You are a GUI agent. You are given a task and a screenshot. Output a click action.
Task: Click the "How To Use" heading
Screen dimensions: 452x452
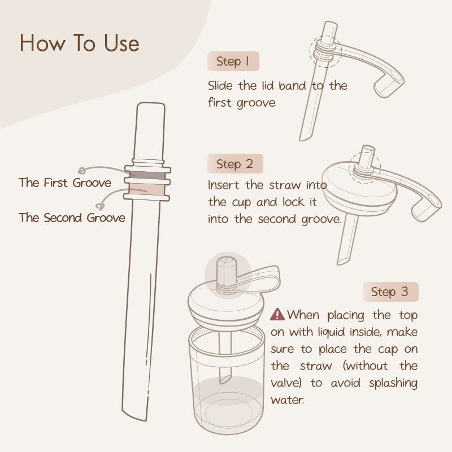79,44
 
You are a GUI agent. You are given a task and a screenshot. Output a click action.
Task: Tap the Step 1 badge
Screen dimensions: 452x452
233,62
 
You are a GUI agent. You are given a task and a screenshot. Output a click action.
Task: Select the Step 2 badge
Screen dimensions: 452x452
234,164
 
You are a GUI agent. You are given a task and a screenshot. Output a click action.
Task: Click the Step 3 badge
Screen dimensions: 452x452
390,292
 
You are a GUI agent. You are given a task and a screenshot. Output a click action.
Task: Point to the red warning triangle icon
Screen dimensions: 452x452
277,315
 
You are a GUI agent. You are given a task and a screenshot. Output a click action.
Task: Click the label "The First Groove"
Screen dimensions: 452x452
64,182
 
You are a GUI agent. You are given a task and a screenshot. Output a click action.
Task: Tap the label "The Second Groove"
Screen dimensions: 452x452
72,218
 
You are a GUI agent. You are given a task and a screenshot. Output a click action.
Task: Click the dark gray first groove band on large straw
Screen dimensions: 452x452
147,176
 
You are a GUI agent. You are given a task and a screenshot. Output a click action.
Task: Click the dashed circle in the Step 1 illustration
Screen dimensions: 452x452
325,53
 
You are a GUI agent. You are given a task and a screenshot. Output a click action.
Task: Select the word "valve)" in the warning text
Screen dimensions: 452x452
289,383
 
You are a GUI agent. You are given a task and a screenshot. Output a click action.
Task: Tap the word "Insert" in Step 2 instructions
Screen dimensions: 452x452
224,185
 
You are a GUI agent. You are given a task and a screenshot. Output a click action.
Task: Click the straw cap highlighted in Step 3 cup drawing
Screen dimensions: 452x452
227,274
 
